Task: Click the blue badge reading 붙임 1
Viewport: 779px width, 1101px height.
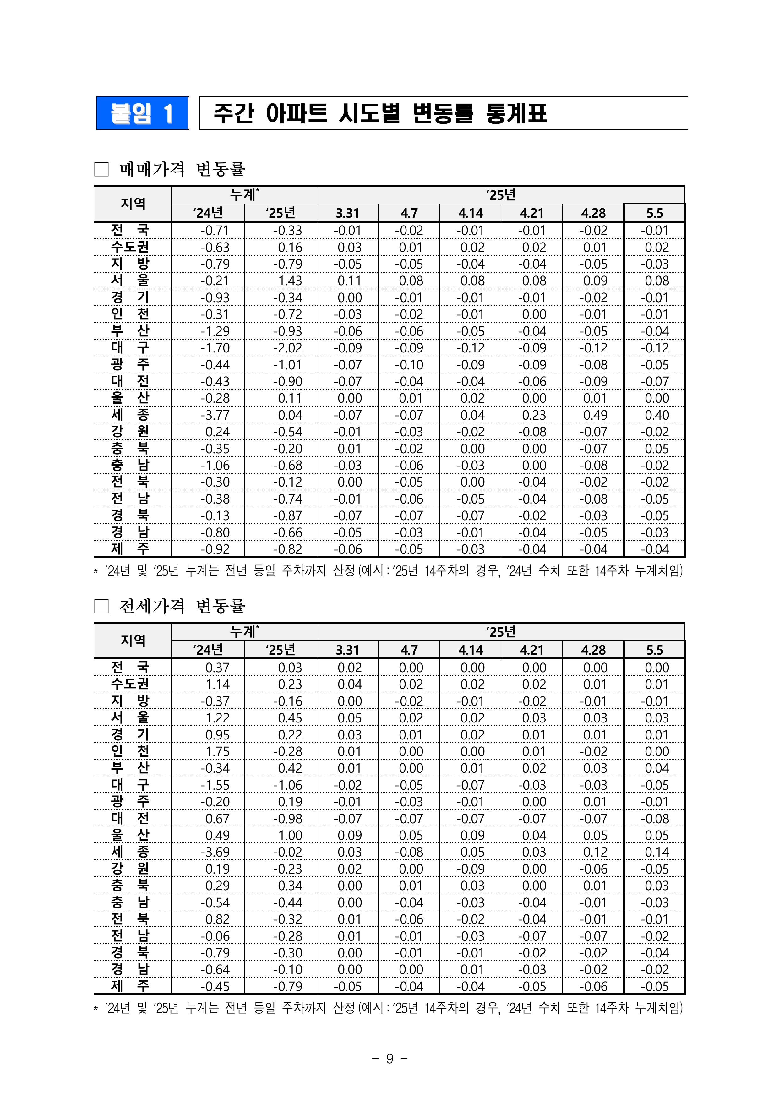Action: coord(142,113)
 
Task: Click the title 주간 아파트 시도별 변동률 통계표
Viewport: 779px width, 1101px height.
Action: coord(380,113)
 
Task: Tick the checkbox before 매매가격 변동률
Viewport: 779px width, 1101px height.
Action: coord(101,169)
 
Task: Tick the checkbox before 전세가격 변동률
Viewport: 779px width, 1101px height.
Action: coord(101,606)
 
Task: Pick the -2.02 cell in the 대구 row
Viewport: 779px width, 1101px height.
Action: coord(288,348)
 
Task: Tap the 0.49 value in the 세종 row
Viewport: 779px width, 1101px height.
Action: coord(595,415)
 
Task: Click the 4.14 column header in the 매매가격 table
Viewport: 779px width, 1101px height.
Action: coord(470,213)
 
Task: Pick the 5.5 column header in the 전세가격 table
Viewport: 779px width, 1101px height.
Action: coord(654,650)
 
